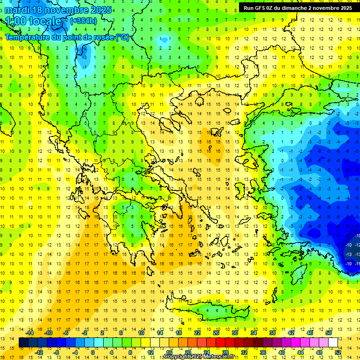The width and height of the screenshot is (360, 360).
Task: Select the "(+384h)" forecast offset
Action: point(83,21)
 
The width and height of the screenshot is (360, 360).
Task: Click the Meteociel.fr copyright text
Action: point(199,357)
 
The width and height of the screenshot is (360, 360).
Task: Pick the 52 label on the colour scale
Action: point(338,352)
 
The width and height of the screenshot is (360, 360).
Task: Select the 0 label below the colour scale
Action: point(93,352)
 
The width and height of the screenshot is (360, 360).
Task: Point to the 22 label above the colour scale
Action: point(197,333)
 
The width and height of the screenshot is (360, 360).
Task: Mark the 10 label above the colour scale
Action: point(141,333)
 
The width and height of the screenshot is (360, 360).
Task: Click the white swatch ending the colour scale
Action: point(333,342)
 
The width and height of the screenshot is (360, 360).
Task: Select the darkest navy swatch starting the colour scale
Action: point(23,342)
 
